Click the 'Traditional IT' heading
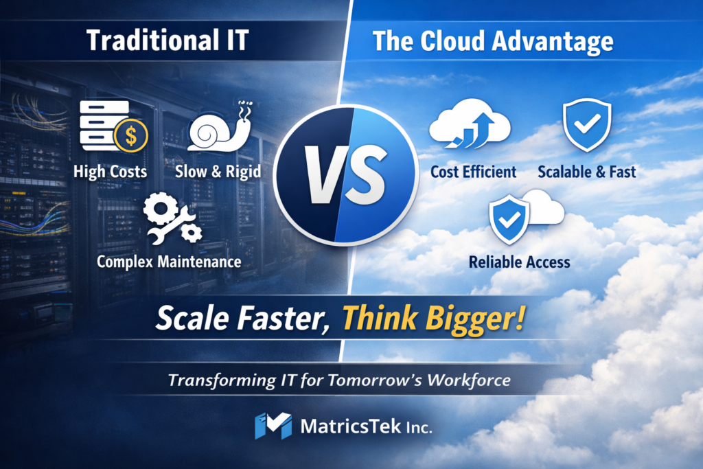click(x=168, y=41)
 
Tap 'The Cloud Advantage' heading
click(x=493, y=41)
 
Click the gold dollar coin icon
click(x=130, y=136)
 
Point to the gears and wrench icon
click(x=172, y=218)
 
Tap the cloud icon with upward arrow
click(x=470, y=124)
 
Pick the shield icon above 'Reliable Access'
click(x=509, y=219)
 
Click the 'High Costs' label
click(x=111, y=172)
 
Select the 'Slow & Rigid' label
click(x=218, y=172)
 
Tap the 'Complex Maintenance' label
click(x=169, y=262)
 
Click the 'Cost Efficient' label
click(x=474, y=172)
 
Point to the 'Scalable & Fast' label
click(x=587, y=172)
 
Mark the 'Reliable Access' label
click(x=520, y=262)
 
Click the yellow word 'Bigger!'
click(x=475, y=319)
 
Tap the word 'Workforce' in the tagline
click(x=469, y=380)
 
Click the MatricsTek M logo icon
click(x=273, y=426)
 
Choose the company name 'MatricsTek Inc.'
click(x=367, y=426)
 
